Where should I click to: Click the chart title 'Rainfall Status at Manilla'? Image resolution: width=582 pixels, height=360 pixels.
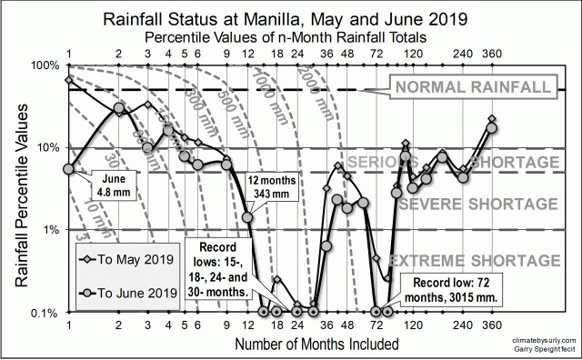click(x=290, y=18)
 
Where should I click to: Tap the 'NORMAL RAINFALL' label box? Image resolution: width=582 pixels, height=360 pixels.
click(x=472, y=87)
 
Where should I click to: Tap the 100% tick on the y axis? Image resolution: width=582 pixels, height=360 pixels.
click(x=44, y=66)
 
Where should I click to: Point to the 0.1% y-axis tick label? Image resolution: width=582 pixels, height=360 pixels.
click(x=44, y=312)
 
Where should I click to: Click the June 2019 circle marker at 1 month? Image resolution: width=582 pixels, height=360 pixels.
click(x=69, y=168)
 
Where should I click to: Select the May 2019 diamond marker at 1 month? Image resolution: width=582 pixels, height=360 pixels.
click(x=69, y=80)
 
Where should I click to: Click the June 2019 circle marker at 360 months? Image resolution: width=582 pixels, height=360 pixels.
click(x=492, y=127)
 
